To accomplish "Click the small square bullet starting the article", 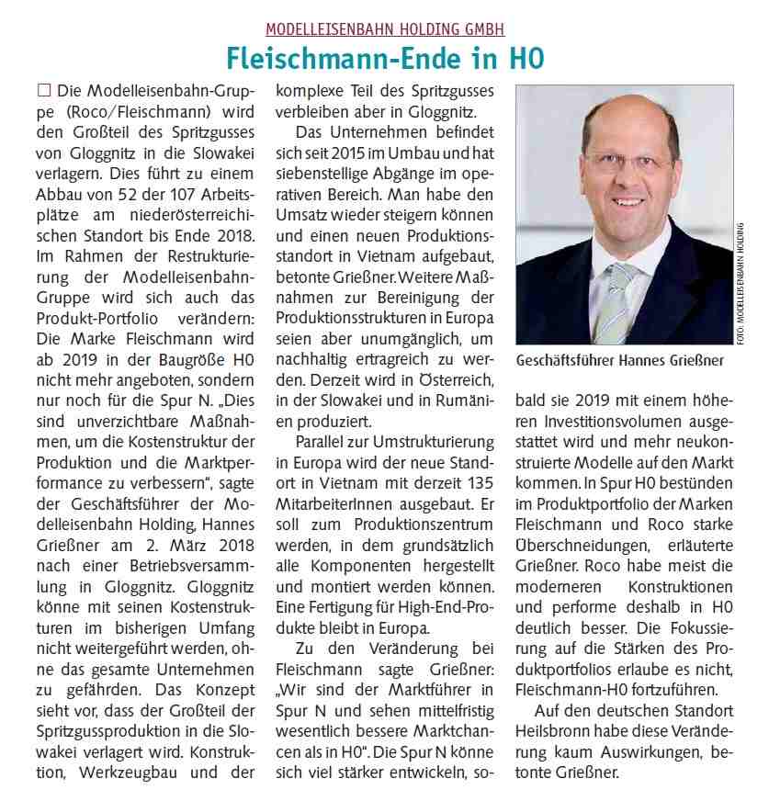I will click(42, 92).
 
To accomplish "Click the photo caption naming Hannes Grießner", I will click(621, 361).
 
